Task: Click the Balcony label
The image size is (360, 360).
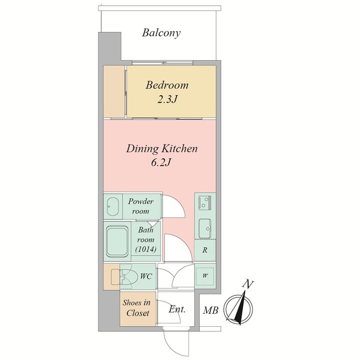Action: pos(161,33)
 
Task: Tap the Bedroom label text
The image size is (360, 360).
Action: pos(167,85)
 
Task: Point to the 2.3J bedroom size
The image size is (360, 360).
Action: pos(168,100)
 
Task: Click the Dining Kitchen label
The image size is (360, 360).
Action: pos(161,148)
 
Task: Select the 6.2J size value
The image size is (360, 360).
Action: pos(161,163)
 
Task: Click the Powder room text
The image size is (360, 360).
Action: pos(141,206)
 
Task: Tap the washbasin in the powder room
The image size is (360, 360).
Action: pos(112,206)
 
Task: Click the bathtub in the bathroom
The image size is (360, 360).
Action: pos(117,241)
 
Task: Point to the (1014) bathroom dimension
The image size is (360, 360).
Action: pos(146,249)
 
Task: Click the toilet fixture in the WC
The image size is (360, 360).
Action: pos(121,277)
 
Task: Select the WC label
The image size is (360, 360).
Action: pos(146,276)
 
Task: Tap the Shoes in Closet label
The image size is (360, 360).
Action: pos(137,308)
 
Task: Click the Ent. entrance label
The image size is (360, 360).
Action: pos(177,309)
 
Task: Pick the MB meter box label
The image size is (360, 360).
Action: pos(210,310)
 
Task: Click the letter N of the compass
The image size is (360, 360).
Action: pos(248,285)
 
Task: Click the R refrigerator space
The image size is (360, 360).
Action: pos(205,250)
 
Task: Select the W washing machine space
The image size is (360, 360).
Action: pos(205,276)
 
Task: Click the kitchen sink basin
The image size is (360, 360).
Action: pos(205,228)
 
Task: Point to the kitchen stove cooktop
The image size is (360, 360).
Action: pos(205,202)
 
